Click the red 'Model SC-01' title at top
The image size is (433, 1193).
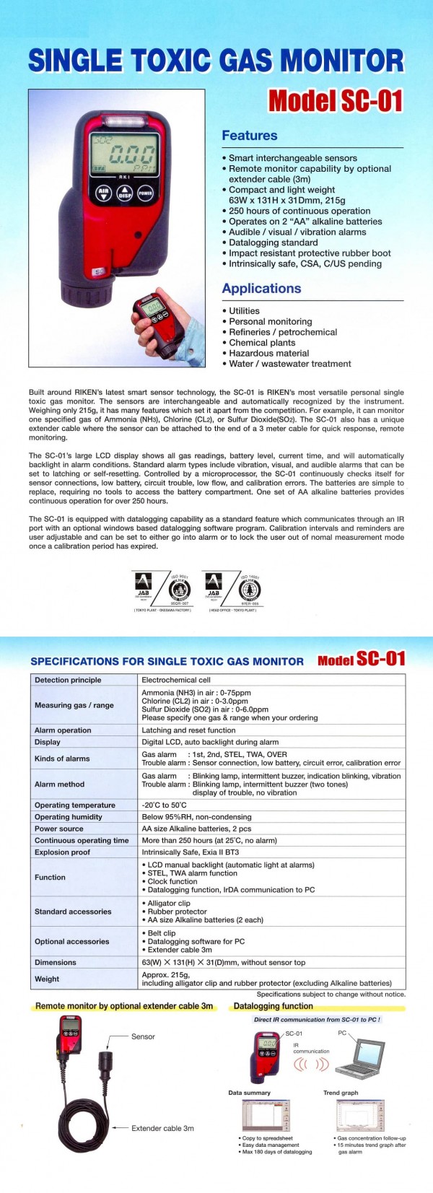(x=335, y=100)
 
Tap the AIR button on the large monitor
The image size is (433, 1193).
(x=103, y=193)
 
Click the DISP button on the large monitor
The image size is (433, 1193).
(x=124, y=193)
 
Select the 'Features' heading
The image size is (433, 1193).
(x=249, y=136)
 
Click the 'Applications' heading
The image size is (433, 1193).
(x=261, y=289)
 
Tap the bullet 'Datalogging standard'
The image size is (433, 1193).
(x=276, y=242)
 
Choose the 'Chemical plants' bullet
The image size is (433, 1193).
(x=262, y=343)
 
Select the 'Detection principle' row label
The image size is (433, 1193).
(x=68, y=680)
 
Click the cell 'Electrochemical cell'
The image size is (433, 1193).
(x=176, y=680)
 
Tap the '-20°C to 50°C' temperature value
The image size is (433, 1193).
(x=164, y=805)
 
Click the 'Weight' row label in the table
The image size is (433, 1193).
(x=47, y=979)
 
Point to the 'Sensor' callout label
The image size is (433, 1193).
(x=143, y=1036)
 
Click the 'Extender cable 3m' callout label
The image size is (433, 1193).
(x=162, y=1128)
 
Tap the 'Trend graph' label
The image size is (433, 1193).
(x=341, y=1093)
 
